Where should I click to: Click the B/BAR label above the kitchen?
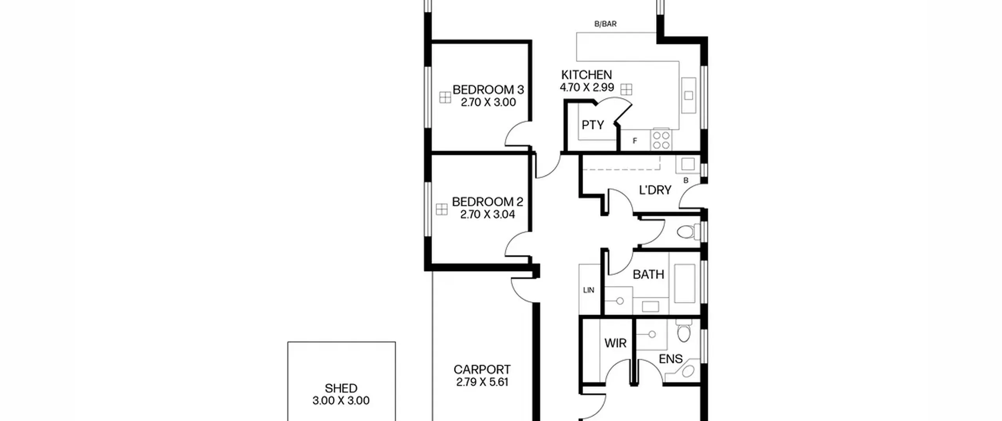point(605,24)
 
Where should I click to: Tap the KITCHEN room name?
point(586,75)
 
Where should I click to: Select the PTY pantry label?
point(593,125)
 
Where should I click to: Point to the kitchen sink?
point(688,95)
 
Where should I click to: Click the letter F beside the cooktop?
point(635,141)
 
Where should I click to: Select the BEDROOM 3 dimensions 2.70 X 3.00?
point(488,102)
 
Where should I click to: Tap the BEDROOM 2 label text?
point(487,202)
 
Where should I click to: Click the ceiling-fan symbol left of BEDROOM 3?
point(445,98)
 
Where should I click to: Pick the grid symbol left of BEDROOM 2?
point(442,209)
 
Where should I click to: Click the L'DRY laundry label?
point(655,190)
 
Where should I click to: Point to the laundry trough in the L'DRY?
point(688,164)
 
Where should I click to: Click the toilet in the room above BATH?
point(688,231)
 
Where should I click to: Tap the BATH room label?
point(648,275)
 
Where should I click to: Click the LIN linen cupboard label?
point(588,290)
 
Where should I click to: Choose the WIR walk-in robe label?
point(615,343)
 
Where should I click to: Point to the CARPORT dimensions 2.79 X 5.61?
point(482,382)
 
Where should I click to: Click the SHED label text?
point(341,388)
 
